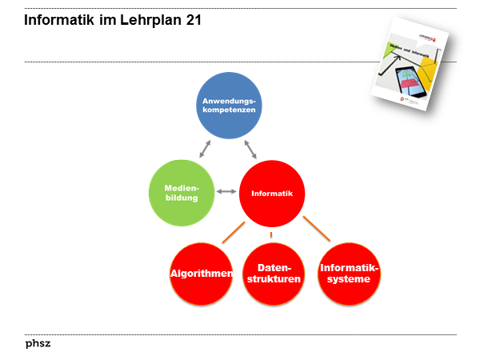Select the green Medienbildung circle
click(x=182, y=192)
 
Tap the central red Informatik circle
click(x=271, y=193)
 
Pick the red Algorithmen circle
click(x=202, y=274)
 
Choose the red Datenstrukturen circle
click(x=274, y=274)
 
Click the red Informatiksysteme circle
click(x=349, y=274)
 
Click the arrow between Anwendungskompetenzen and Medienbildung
click(x=205, y=149)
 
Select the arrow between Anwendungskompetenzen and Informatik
click(x=250, y=149)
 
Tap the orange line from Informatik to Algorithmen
click(x=233, y=232)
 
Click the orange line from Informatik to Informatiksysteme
click(x=316, y=228)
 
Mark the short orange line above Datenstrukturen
click(x=271, y=234)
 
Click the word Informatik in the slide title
click(x=58, y=21)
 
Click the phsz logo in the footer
click(x=38, y=344)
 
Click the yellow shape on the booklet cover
click(x=426, y=77)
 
